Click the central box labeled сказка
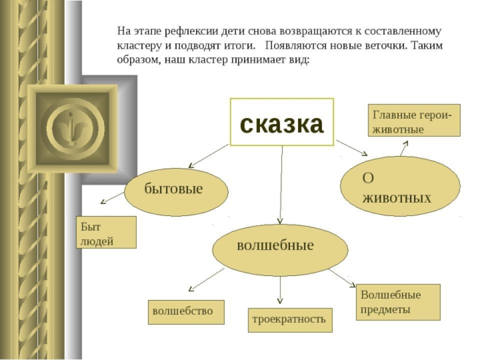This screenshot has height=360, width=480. point(281,122)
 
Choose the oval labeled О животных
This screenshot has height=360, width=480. point(400,188)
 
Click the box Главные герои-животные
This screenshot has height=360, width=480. point(414,121)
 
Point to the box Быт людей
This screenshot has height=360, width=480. point(106,233)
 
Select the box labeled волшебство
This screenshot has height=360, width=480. point(186,312)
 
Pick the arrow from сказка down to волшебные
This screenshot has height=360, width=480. point(280,186)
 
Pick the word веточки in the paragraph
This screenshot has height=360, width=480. point(376,46)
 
